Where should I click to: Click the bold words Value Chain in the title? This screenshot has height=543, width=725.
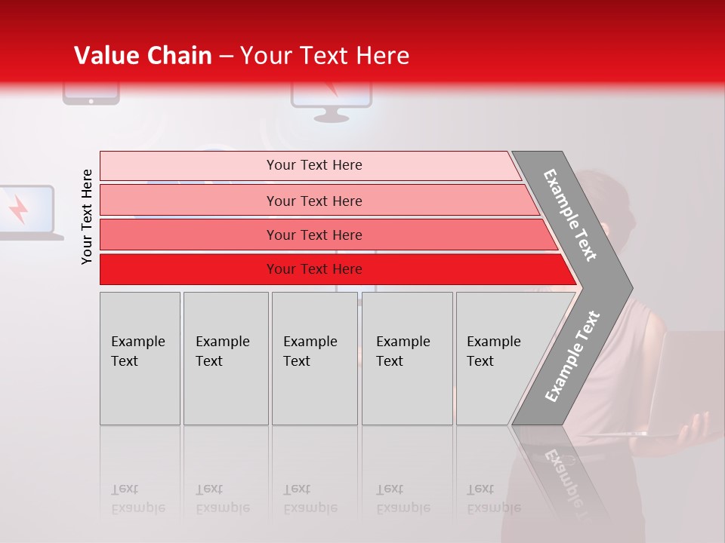pyautogui.click(x=143, y=56)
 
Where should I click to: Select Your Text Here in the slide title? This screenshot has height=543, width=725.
pyautogui.click(x=325, y=56)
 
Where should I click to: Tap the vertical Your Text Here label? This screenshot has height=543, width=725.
pyautogui.click(x=87, y=216)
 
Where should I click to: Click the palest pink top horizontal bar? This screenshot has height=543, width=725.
pyautogui.click(x=310, y=165)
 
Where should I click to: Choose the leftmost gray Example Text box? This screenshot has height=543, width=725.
pyautogui.click(x=140, y=358)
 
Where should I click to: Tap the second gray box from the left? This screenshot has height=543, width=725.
pyautogui.click(x=226, y=358)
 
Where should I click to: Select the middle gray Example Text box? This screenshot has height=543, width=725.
pyautogui.click(x=314, y=358)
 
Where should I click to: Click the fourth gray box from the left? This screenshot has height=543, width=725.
pyautogui.click(x=407, y=358)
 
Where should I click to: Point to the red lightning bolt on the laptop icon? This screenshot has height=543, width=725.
pyautogui.click(x=19, y=210)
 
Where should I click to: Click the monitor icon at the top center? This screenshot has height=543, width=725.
pyautogui.click(x=331, y=102)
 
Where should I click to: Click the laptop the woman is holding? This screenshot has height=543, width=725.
pyautogui.click(x=683, y=381)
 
